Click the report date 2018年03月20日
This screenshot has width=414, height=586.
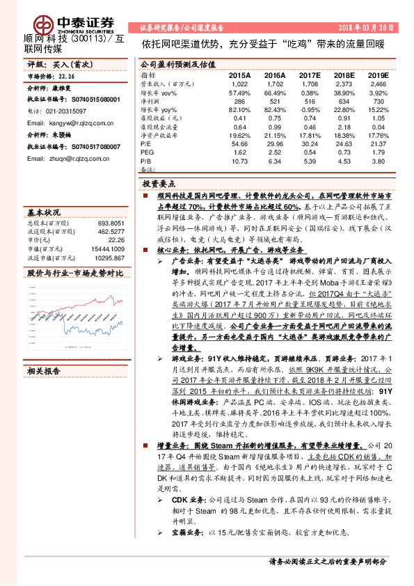(369, 28)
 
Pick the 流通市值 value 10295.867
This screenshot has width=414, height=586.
(108, 257)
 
